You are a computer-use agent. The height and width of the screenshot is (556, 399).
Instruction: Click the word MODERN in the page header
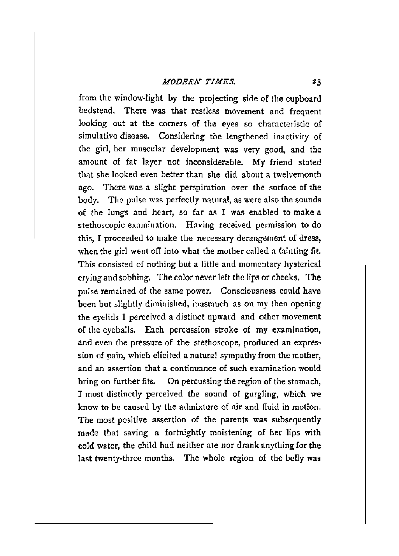174,82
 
